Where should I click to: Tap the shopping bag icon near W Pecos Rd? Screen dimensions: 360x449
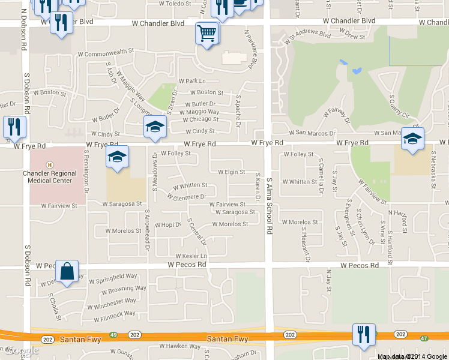click(68, 272)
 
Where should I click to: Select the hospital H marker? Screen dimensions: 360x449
click(50, 164)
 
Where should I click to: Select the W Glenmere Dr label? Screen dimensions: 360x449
click(190, 196)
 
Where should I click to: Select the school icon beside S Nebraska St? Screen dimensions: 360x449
click(412, 139)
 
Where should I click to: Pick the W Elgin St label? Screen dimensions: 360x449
click(231, 172)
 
